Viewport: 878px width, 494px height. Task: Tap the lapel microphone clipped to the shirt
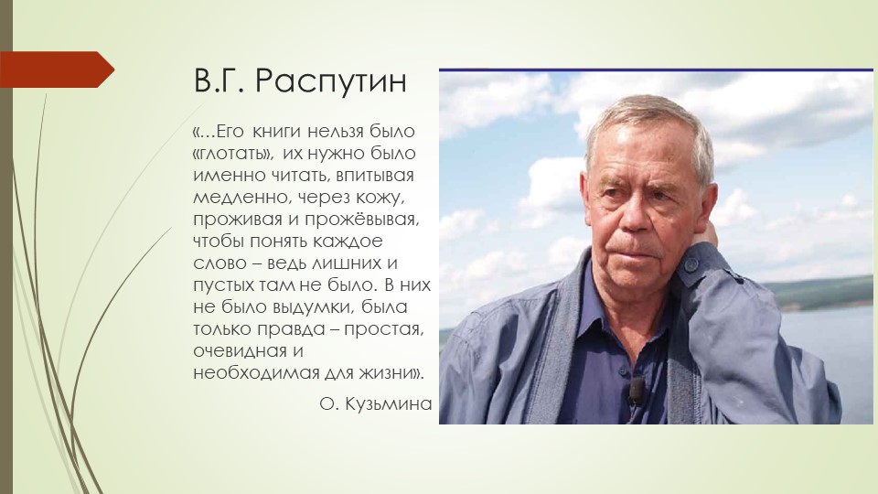pyautogui.click(x=637, y=392)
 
